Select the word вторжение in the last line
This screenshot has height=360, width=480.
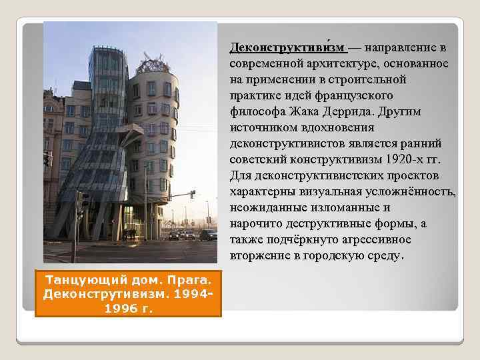tap(257, 255)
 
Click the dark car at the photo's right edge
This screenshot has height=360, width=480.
tap(208, 235)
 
